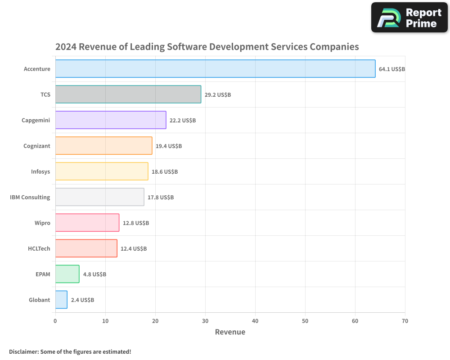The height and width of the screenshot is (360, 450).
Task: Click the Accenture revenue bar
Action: [x=215, y=69]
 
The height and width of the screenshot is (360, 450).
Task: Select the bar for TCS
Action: [x=128, y=94]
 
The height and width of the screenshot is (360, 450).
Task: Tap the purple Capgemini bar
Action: [x=111, y=120]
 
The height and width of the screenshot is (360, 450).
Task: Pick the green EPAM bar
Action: [x=67, y=274]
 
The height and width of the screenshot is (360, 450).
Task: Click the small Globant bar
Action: [x=61, y=300]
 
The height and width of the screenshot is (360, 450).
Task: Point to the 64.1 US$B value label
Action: [x=392, y=69]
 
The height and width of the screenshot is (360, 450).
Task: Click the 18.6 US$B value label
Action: [x=165, y=172]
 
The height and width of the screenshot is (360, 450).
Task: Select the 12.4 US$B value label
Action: [x=134, y=249]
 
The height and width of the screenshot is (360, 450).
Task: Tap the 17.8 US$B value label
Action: [x=161, y=198]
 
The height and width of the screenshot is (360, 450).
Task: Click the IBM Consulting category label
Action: [x=30, y=198]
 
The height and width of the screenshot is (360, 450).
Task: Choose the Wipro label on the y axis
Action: [x=42, y=223]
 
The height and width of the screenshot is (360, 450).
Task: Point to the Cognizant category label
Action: [x=37, y=146]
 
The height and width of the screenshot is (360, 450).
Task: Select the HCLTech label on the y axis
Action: [x=39, y=249]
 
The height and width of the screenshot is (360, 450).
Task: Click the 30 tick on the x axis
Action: [x=205, y=321]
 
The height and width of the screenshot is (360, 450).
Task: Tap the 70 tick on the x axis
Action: [x=405, y=321]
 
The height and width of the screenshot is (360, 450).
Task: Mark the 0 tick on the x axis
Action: [x=55, y=321]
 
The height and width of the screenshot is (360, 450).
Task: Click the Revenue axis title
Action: [x=230, y=332]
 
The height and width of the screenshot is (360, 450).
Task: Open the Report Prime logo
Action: [x=409, y=18]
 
